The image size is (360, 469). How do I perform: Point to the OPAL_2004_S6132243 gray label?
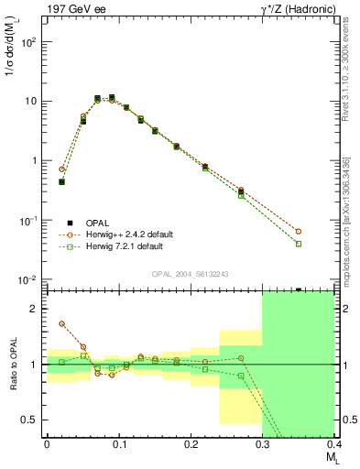[x=190, y=274]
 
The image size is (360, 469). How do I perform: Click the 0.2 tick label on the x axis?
[x=190, y=444]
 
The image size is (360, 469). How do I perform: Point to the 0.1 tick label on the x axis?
[x=118, y=444]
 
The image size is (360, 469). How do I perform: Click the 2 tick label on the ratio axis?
[x=34, y=309]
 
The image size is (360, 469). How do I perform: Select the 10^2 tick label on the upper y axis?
[x=28, y=42]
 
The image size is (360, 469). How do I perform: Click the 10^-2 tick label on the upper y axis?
[x=28, y=279]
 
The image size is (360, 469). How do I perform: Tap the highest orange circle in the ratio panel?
[x=61, y=323]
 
